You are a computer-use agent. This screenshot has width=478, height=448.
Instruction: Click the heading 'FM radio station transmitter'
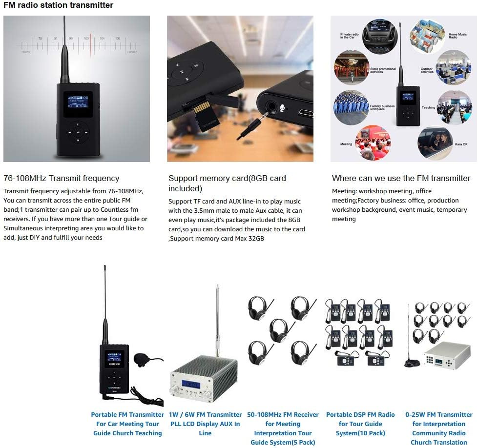(x=58, y=5)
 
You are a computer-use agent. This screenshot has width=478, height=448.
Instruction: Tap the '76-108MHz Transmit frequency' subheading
(x=61, y=178)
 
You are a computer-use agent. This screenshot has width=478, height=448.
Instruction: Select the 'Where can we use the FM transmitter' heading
(x=401, y=178)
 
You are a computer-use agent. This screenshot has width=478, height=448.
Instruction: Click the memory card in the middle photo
(x=200, y=115)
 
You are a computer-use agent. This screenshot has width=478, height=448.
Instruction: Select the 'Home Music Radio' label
(x=457, y=36)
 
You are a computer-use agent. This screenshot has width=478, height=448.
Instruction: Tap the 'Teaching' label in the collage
(x=428, y=107)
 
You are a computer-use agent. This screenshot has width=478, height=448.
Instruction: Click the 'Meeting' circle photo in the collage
(x=373, y=142)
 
